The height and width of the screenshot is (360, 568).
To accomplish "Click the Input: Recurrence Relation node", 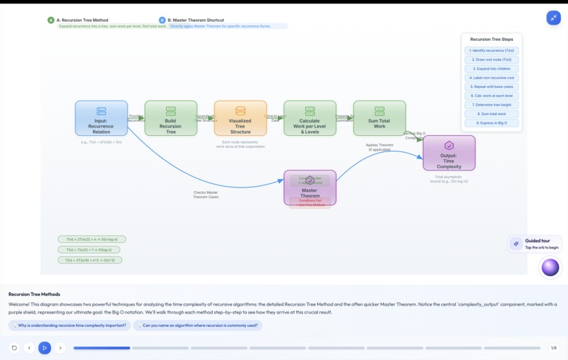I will click(x=101, y=118).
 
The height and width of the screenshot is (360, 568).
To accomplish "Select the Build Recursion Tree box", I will click(x=171, y=118).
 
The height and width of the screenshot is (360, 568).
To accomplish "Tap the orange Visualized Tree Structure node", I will click(x=240, y=118).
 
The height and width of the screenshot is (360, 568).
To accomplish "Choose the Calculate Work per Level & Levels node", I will click(x=309, y=118).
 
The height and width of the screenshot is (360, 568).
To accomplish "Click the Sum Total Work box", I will click(x=379, y=118).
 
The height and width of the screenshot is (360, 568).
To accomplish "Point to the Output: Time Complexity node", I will click(x=449, y=153).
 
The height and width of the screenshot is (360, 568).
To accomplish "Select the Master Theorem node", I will click(x=309, y=187).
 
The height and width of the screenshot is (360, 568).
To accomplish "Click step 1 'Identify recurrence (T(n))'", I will click(x=492, y=51).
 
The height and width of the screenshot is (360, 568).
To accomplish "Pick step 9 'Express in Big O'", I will click(x=492, y=123).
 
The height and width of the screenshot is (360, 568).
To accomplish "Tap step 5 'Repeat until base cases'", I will click(x=492, y=87).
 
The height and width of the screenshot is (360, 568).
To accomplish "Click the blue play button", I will click(x=44, y=347).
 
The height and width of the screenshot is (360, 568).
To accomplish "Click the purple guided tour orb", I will click(x=550, y=267).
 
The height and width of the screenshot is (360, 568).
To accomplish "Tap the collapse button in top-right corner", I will click(x=553, y=18).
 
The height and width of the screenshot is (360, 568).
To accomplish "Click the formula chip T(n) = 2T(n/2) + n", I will click(x=92, y=240).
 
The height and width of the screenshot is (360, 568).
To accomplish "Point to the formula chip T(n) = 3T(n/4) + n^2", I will click(x=89, y=260).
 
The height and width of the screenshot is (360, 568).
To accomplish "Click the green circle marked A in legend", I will click(x=51, y=20).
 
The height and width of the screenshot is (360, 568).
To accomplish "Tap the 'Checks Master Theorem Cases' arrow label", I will click(x=206, y=194).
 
